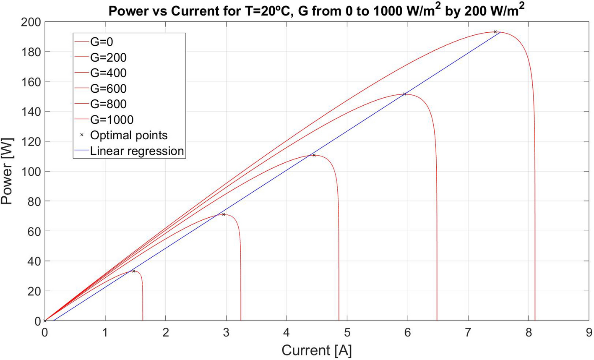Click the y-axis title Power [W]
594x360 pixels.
[7, 171]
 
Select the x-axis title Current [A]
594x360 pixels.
[317, 350]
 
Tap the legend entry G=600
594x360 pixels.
[108, 89]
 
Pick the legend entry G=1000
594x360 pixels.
[112, 120]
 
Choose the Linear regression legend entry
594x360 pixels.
[137, 151]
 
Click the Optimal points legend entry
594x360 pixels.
[128, 135]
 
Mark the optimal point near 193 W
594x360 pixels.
[495, 32]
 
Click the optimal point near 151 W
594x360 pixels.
[404, 94]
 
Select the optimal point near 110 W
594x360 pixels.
[314, 155]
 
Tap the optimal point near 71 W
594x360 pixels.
[224, 214]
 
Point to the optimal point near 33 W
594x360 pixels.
[134, 271]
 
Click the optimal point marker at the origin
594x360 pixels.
[45, 321]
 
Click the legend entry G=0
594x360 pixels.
[102, 42]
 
